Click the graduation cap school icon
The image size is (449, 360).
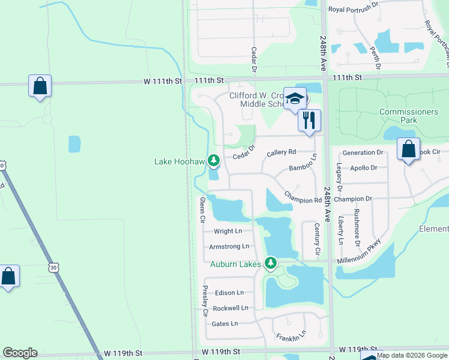[295, 98]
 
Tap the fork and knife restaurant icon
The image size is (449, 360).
[309, 119]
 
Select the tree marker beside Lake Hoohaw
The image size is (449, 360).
[213, 160]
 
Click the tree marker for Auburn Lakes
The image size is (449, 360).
[271, 263]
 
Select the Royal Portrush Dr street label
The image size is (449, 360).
[353, 10]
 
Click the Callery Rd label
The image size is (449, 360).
[282, 153]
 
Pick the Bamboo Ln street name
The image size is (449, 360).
[302, 169]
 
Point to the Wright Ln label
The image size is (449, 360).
[228, 231]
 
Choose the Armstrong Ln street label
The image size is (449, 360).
[228, 247]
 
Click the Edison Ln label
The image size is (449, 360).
[229, 293]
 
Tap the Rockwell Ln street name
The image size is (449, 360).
[231, 308]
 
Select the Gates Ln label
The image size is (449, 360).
[225, 323]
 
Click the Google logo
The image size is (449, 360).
[20, 353]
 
